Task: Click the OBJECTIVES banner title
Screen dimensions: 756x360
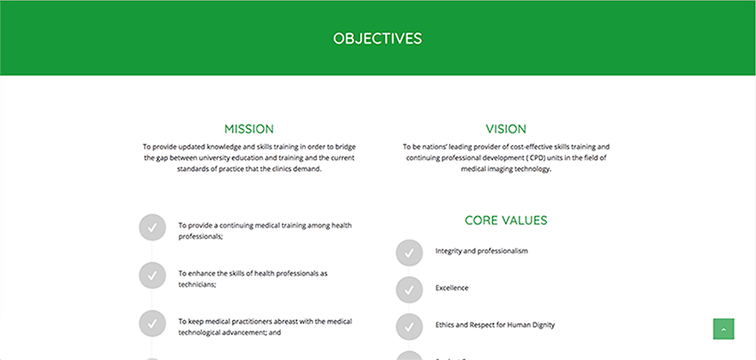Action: point(377,38)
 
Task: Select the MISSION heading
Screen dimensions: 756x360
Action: point(249,129)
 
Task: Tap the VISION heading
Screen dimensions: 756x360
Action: point(506,129)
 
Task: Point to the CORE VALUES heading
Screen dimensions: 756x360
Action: point(506,220)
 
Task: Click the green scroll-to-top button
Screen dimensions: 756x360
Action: point(723,329)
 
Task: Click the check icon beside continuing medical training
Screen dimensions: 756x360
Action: point(152,228)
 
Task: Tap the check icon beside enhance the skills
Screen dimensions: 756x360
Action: point(152,276)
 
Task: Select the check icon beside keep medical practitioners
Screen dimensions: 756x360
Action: point(152,324)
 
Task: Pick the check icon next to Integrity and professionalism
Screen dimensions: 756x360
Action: point(409,253)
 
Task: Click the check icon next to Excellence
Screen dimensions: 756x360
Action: point(409,290)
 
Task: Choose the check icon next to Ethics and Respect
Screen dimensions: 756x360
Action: point(409,327)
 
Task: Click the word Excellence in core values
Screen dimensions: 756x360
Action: point(452,288)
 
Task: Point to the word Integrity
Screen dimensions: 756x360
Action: point(448,251)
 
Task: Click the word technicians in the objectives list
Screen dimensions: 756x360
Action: point(197,284)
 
